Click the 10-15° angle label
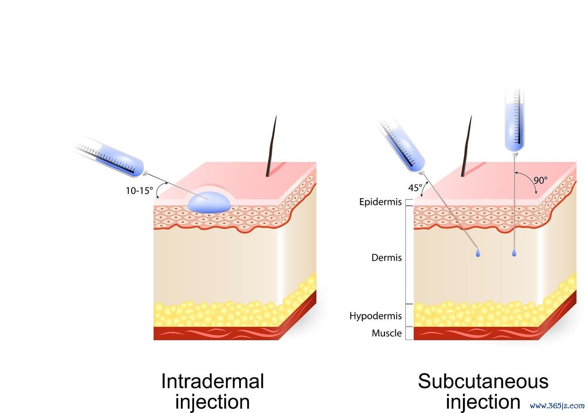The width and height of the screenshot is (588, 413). (139, 191)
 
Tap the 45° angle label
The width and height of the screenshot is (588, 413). (415, 188)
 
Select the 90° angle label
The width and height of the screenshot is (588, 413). (541, 180)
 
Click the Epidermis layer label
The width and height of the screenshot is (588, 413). (380, 202)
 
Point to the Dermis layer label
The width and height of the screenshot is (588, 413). (386, 258)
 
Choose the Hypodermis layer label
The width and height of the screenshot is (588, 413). (375, 316)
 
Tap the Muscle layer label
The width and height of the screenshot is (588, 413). (387, 333)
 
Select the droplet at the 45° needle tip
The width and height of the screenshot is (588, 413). (478, 253)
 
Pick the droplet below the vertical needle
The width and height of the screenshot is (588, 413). (514, 253)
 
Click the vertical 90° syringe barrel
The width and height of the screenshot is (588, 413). (515, 121)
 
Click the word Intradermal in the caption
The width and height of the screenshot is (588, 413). (213, 381)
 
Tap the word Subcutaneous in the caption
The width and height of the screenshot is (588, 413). (483, 381)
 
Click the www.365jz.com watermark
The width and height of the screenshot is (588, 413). (557, 405)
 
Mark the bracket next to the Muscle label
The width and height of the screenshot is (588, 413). (409, 334)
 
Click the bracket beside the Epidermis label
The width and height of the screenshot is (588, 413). (409, 202)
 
